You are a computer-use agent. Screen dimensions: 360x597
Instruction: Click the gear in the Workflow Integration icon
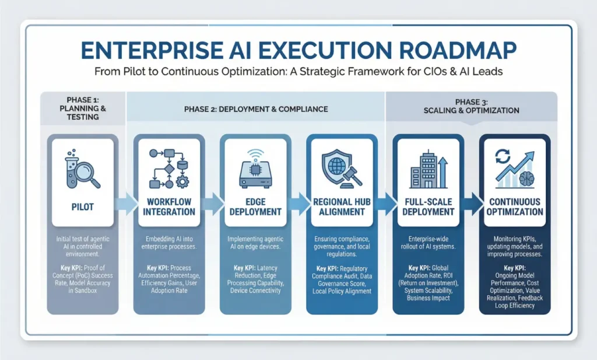tap(182, 182)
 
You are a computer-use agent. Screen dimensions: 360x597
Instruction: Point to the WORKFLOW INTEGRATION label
tap(168, 207)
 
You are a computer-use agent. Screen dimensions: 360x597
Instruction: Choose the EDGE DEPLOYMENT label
tap(255, 207)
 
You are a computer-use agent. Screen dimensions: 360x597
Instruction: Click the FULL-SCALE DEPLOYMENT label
tap(428, 207)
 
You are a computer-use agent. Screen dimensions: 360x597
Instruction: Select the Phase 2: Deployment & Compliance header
tap(255, 109)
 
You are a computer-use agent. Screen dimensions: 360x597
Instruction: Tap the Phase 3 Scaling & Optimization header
tap(471, 106)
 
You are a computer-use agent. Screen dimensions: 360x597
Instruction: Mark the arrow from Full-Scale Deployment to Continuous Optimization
tap(471, 203)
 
